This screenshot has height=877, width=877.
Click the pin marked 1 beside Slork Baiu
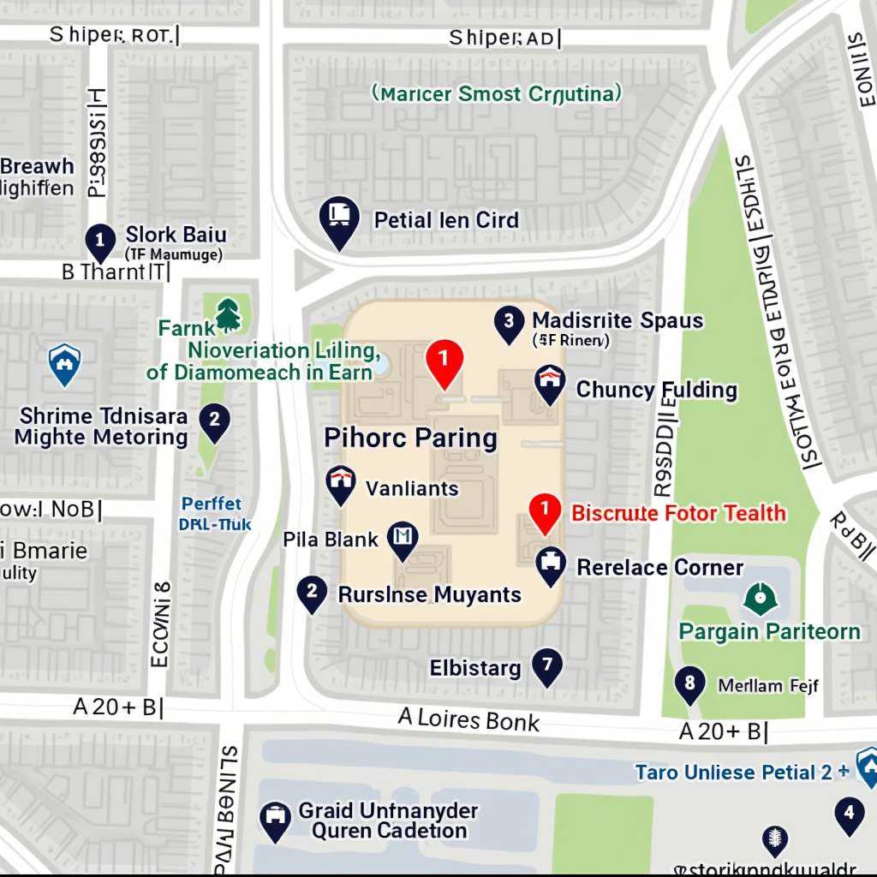tap(100, 241)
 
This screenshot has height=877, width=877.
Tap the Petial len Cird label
tap(446, 220)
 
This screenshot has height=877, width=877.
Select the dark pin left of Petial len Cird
tap(339, 219)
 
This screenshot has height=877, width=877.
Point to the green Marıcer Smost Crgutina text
tap(497, 93)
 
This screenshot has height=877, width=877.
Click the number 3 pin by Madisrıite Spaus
tap(509, 324)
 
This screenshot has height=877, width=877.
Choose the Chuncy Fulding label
tap(656, 390)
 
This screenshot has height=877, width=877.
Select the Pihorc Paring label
tap(410, 438)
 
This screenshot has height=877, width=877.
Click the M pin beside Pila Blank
tap(402, 539)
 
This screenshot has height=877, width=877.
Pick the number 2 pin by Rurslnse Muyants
tap(311, 592)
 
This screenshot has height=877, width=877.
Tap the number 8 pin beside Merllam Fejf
tap(689, 684)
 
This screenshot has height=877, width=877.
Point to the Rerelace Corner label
tap(659, 567)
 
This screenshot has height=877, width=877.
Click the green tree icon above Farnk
tap(228, 315)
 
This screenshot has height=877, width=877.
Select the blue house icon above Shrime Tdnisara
tap(64, 363)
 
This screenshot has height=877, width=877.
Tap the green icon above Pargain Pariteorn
tap(760, 598)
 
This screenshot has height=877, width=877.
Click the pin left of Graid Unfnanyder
tap(275, 820)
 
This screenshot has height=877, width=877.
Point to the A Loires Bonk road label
tap(468, 719)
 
